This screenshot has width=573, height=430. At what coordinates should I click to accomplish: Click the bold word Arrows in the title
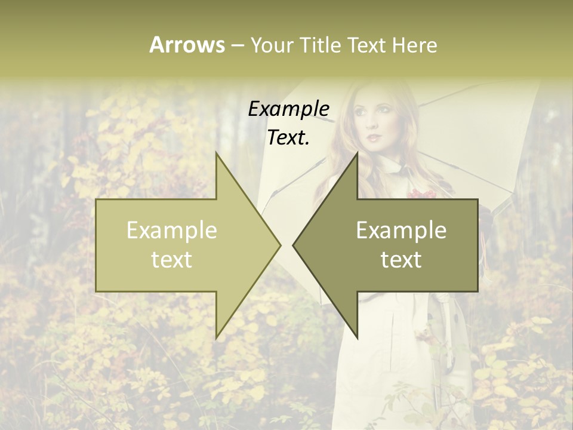coord(187,45)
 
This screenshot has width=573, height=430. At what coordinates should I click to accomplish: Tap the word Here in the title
coord(414,45)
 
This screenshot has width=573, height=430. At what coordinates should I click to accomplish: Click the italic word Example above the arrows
coord(289,109)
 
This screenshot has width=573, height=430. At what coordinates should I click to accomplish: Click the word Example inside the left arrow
coord(172,231)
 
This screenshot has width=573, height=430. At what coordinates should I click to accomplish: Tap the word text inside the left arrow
coord(172,260)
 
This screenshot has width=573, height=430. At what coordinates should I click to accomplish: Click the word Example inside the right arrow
coord(401,231)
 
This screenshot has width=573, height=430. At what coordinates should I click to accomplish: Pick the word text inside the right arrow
coord(401,260)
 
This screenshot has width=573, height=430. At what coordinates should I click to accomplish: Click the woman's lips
coord(374,137)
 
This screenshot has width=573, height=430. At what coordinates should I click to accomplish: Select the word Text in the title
coord(368,45)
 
